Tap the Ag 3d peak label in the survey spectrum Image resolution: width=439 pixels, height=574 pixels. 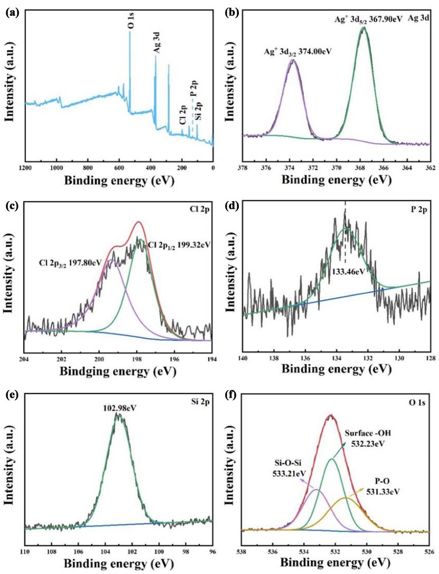[x=157, y=43]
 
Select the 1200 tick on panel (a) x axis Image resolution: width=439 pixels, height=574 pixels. [x=25, y=169]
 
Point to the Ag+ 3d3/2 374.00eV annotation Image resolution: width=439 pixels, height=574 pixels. [x=298, y=52]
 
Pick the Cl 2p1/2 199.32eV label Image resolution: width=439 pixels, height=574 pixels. [x=179, y=244]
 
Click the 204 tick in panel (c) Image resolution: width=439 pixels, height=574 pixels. [x=25, y=359]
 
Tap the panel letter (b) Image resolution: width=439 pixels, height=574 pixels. [x=233, y=14]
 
